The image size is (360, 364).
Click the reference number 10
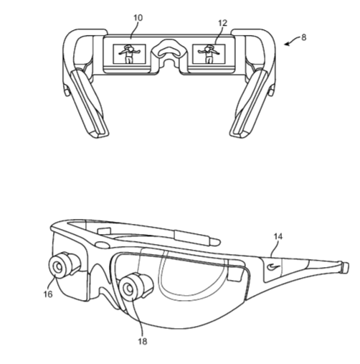click(138, 18)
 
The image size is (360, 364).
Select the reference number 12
click(222, 23)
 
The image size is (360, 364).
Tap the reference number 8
click(303, 37)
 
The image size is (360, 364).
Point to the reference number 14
click(278, 236)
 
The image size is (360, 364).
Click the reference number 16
click(48, 294)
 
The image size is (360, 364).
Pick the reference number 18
click(143, 341)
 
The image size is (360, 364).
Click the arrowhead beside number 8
click(287, 44)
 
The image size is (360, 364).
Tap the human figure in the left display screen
click(129, 54)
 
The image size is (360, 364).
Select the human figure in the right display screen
click(209, 54)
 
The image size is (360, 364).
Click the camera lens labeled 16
click(57, 266)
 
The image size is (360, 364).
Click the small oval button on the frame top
click(102, 245)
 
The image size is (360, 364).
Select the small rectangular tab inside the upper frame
click(104, 231)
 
